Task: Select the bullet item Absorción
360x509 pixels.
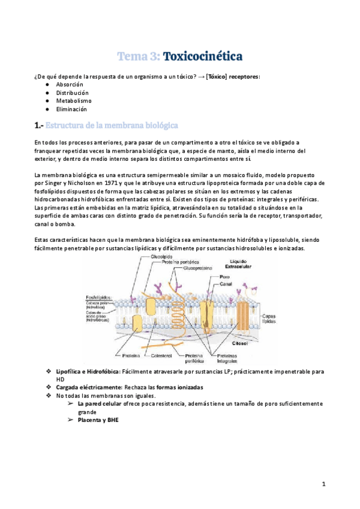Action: pos(69,85)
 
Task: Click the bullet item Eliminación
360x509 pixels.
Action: pos(72,109)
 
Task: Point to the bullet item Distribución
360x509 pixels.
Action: pos(73,94)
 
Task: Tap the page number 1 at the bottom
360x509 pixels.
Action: pos(323,484)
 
